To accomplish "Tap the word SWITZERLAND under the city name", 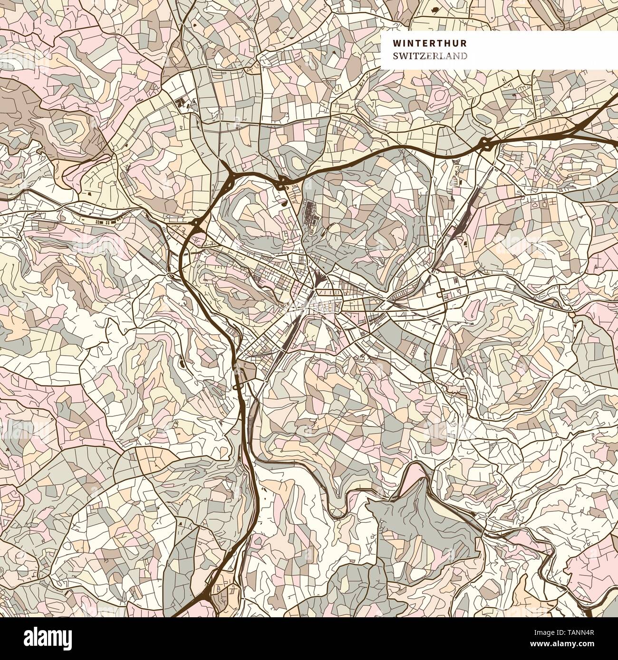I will [x=429, y=56].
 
